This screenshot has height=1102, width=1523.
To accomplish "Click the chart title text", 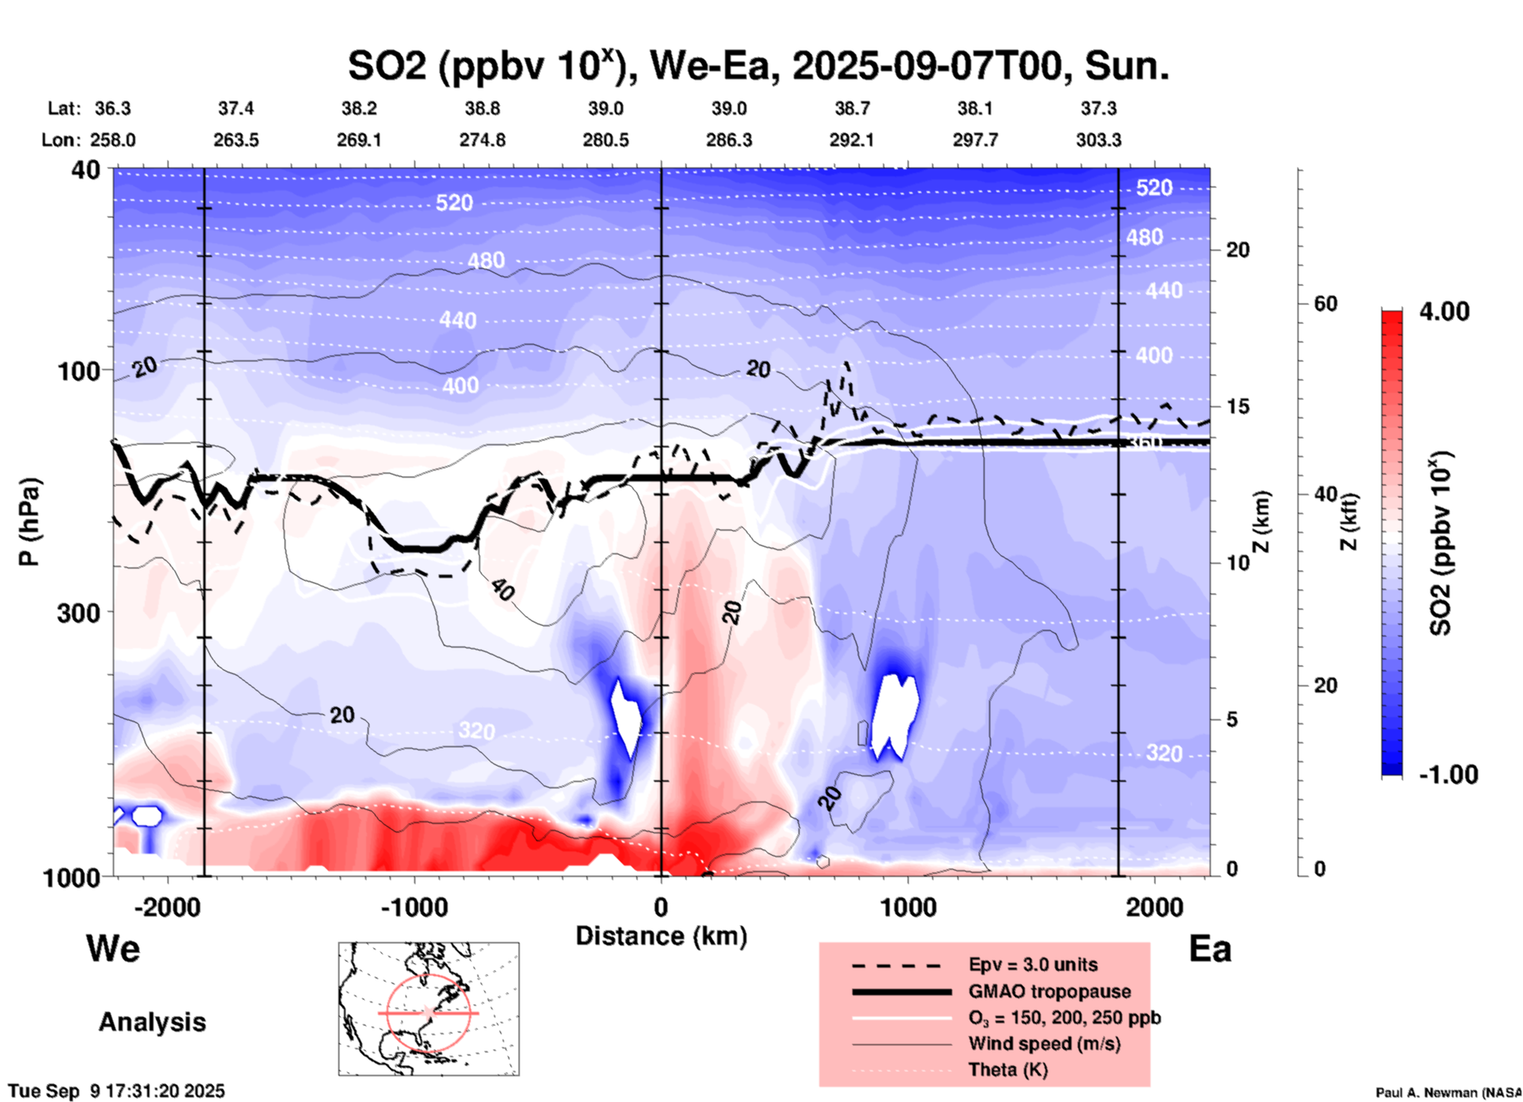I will click(758, 66).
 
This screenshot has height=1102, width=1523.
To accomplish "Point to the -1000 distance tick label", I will click(414, 907).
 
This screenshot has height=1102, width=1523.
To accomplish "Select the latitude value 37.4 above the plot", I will click(236, 108).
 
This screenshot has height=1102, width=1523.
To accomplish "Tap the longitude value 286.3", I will click(728, 140).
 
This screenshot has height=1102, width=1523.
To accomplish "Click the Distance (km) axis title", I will click(661, 936).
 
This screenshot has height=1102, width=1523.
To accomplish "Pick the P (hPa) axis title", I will click(29, 522).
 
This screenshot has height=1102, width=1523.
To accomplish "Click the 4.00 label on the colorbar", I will click(1444, 311).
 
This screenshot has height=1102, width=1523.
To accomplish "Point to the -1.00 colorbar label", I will click(1448, 775).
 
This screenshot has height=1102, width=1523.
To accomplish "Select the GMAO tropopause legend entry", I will click(1049, 991).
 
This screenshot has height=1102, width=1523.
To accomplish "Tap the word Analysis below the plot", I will click(152, 1022).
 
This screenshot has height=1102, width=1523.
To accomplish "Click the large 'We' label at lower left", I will click(113, 948).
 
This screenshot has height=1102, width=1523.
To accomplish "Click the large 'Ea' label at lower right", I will click(1210, 949).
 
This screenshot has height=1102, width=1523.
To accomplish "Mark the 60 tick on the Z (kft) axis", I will click(1325, 304).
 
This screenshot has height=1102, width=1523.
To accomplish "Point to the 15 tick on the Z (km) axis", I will click(1238, 406).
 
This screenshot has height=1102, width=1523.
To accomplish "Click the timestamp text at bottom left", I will click(117, 1091).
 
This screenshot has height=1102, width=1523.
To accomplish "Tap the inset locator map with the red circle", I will click(429, 1009).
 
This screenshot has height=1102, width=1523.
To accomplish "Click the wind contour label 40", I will click(502, 589).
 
